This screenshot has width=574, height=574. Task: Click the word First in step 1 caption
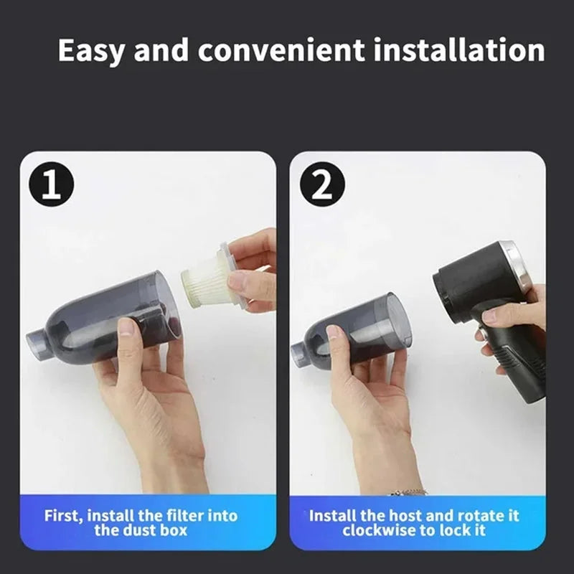[x=62, y=516]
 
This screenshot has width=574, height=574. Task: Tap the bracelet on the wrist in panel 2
[x=407, y=493]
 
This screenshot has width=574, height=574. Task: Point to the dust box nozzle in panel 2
[x=300, y=354]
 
